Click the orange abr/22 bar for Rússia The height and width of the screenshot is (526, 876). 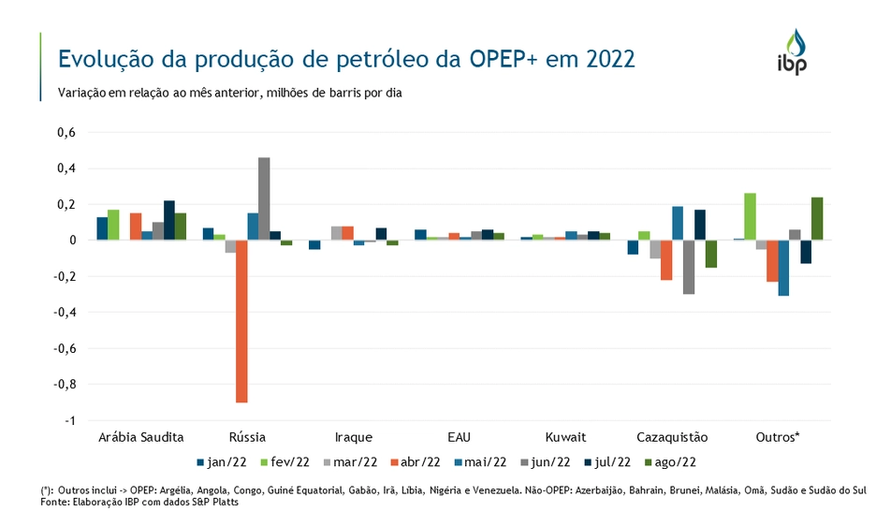pos(241,321)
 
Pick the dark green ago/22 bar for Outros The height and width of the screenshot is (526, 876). pos(817,218)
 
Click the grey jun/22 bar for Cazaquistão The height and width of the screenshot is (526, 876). pos(689,267)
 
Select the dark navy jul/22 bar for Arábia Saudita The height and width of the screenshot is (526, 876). pos(169,220)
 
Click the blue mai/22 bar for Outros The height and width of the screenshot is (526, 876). pos(783,268)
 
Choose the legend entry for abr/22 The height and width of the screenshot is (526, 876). pos(416,461)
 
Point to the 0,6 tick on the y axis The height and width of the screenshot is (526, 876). pos(66,133)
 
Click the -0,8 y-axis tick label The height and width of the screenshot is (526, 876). pos(64,385)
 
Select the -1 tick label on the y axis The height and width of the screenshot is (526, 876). pos(68,420)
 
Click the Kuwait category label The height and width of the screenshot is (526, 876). pos(565,437)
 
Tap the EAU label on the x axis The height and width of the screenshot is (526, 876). pos(459,437)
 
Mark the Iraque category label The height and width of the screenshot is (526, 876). pos(353,437)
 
